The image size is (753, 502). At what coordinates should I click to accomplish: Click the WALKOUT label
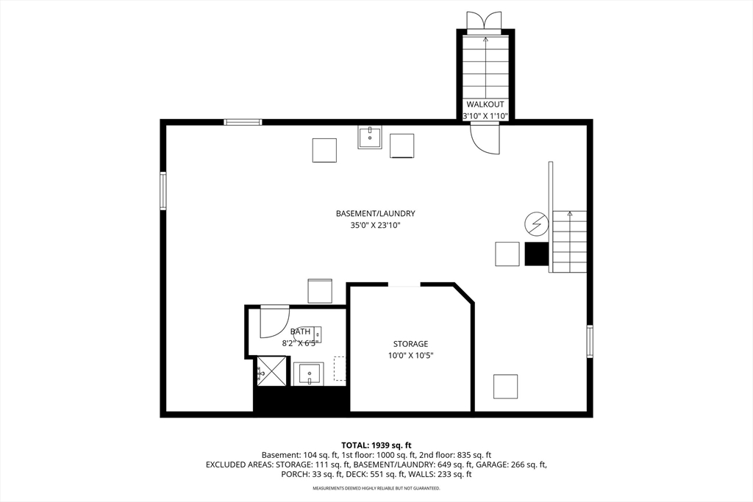(x=485, y=104)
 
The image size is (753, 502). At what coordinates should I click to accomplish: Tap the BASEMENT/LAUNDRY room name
(x=375, y=214)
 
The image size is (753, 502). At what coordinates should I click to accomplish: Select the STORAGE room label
(x=410, y=344)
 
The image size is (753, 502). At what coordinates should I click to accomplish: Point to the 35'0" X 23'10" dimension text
(x=375, y=226)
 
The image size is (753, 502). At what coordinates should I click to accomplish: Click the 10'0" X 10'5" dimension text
(x=410, y=356)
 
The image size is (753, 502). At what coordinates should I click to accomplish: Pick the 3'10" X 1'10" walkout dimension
(x=485, y=116)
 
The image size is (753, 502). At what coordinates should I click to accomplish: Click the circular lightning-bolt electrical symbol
(x=535, y=222)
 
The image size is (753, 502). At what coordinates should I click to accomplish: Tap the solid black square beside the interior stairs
(x=537, y=254)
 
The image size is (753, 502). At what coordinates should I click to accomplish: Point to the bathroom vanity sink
(x=309, y=373)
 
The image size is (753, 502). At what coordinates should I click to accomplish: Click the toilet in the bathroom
(x=315, y=335)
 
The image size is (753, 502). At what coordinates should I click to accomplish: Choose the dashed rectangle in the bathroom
(x=340, y=368)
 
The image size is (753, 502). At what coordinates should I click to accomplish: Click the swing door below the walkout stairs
(x=485, y=137)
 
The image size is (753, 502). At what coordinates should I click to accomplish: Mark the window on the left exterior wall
(x=163, y=191)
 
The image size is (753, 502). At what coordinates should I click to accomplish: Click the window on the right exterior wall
(x=590, y=342)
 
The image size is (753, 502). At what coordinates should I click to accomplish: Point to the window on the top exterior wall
(x=243, y=122)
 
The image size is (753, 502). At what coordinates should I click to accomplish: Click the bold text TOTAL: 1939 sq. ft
(x=376, y=445)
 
